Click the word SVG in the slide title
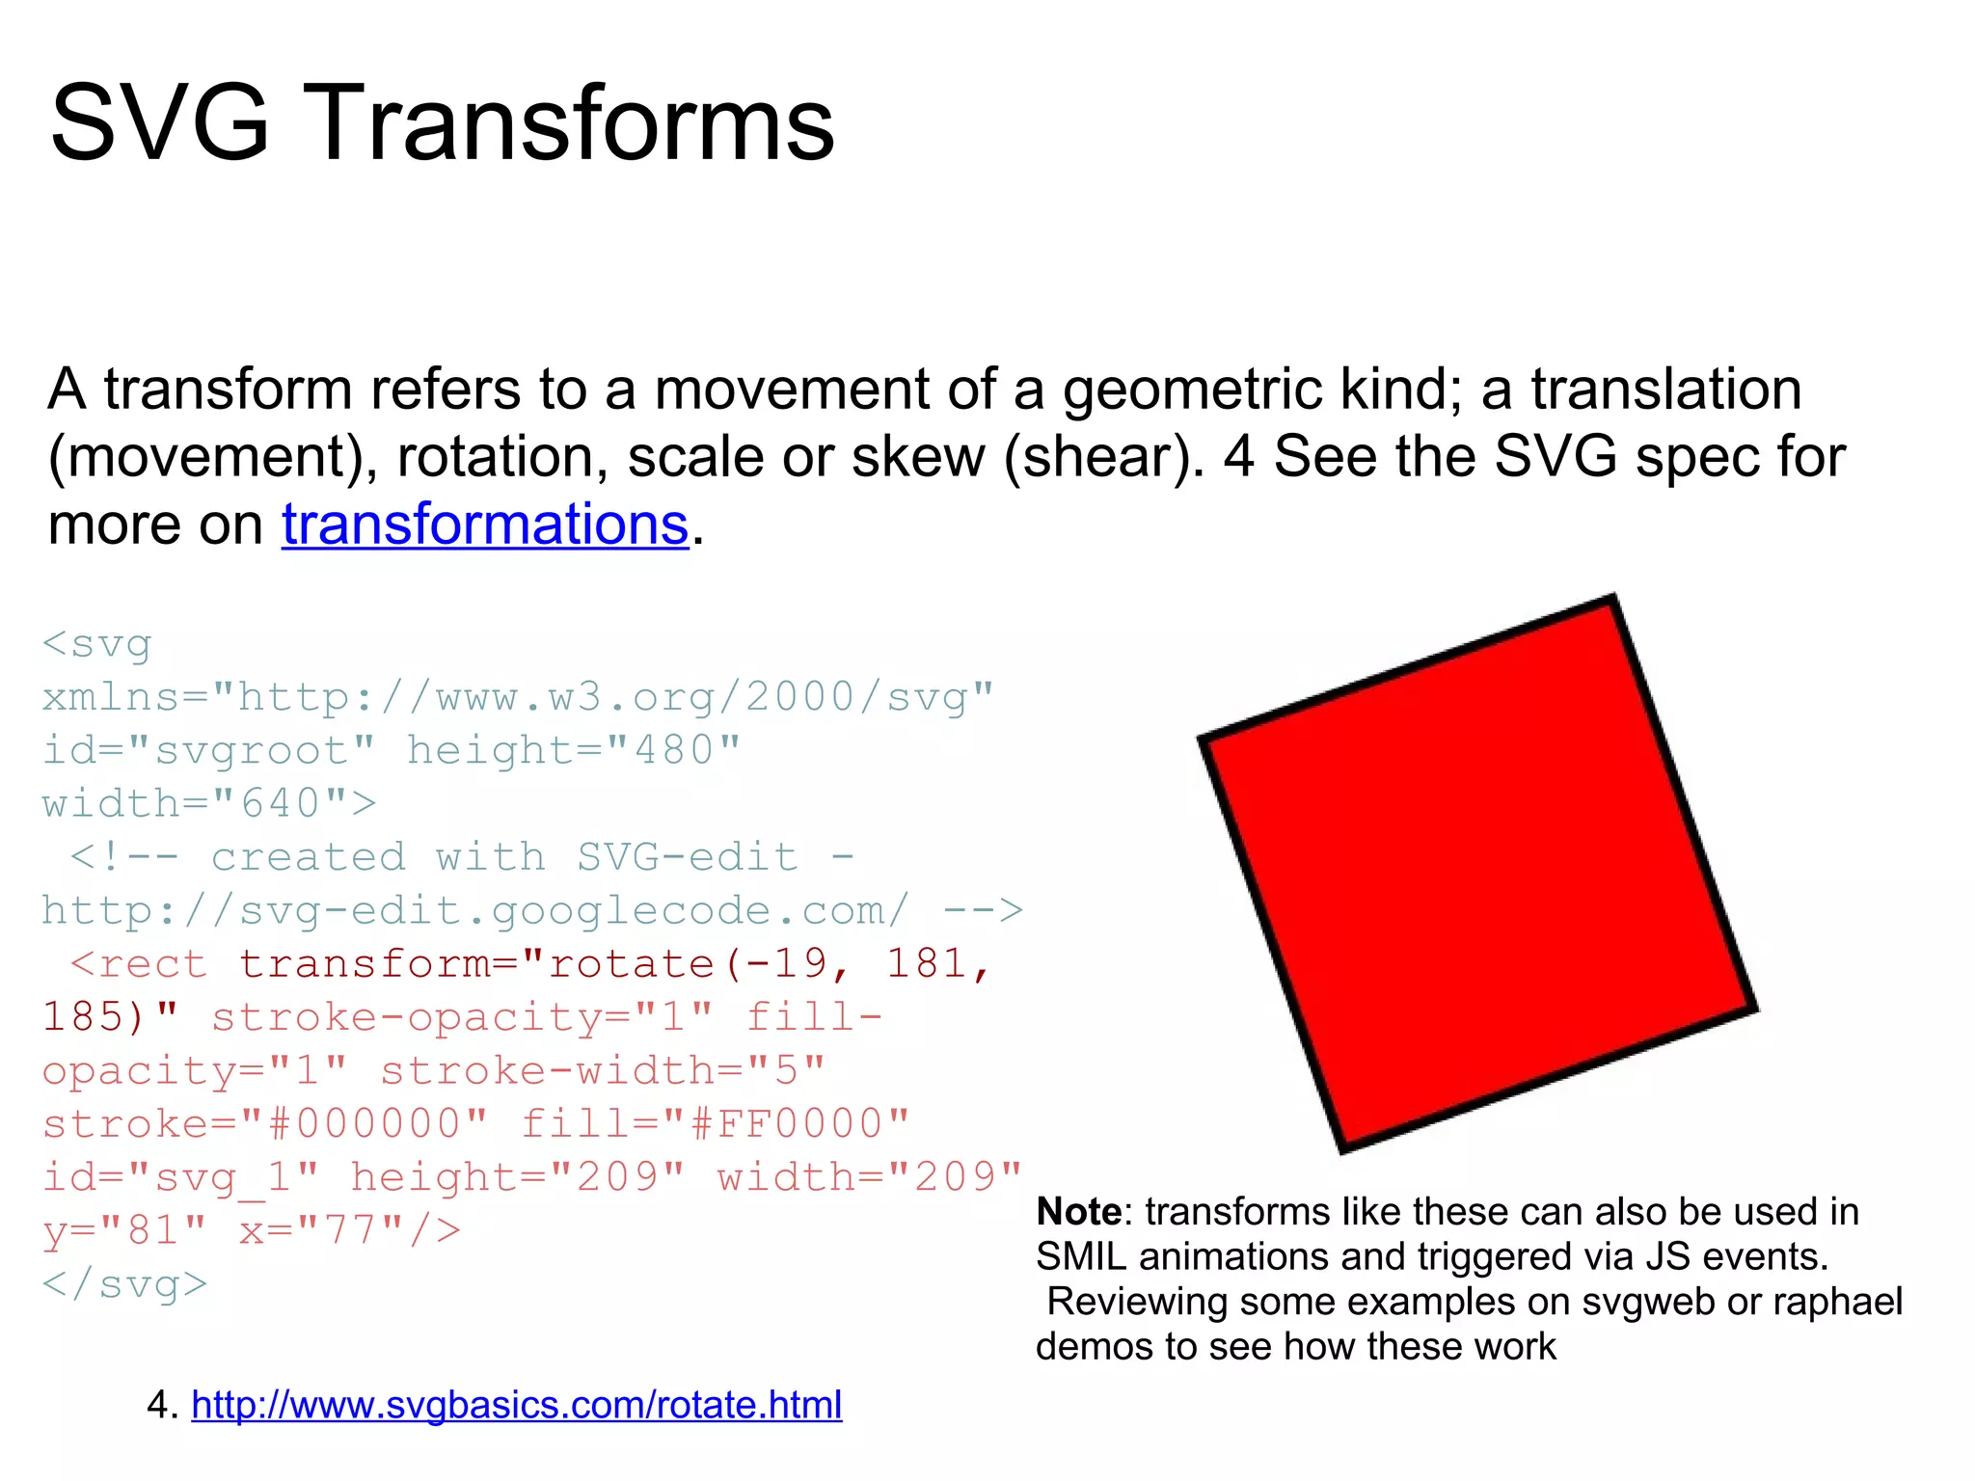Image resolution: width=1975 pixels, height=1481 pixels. pos(159,123)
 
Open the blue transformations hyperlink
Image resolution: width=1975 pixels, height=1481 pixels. pos(485,525)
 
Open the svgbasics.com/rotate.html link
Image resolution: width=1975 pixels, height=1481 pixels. pos(517,1405)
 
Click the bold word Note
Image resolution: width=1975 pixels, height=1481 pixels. pos(1078,1212)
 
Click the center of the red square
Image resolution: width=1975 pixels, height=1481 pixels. pos(1478,874)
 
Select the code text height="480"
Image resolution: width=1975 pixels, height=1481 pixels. pos(573,750)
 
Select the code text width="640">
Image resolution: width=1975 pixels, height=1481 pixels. pos(208,803)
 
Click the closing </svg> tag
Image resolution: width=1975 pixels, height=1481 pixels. pos(125,1284)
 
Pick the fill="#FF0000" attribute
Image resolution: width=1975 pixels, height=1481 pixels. pos(715,1123)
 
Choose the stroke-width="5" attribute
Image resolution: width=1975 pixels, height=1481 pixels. pos(603,1070)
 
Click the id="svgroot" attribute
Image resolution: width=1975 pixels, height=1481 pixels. pos(208,750)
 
